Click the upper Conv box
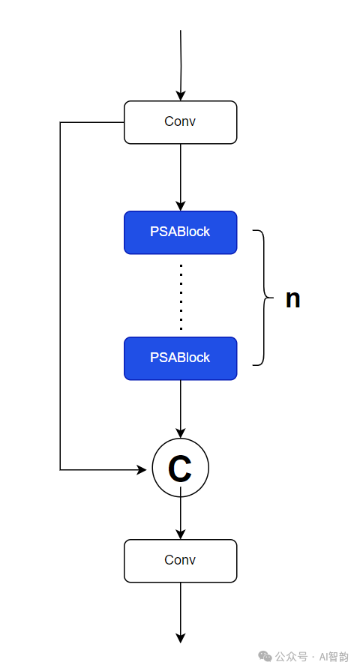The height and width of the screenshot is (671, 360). click(180, 122)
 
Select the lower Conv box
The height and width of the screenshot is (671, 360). click(180, 561)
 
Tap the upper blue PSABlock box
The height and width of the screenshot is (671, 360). click(180, 232)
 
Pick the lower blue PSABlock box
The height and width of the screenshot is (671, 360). click(180, 358)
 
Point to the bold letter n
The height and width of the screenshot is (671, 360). click(292, 298)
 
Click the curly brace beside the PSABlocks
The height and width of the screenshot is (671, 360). click(264, 298)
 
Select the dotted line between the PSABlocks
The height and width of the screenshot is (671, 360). click(181, 297)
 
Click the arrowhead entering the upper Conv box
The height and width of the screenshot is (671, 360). click(181, 95)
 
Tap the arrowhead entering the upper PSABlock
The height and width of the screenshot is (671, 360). click(181, 205)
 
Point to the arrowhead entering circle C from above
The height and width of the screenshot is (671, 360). click(181, 433)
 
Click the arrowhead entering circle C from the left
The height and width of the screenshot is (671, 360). click(142, 469)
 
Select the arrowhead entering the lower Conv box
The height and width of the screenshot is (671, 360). click(181, 534)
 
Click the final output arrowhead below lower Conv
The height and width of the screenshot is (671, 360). click(181, 637)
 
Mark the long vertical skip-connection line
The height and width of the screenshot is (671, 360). click(60, 296)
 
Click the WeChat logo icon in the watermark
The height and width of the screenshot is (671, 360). click(265, 656)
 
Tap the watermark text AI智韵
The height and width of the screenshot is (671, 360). click(334, 657)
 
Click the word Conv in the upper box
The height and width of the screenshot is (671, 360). click(180, 121)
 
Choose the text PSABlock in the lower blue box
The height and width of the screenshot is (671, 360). click(180, 358)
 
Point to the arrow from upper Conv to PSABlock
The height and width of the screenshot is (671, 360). click(181, 177)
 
